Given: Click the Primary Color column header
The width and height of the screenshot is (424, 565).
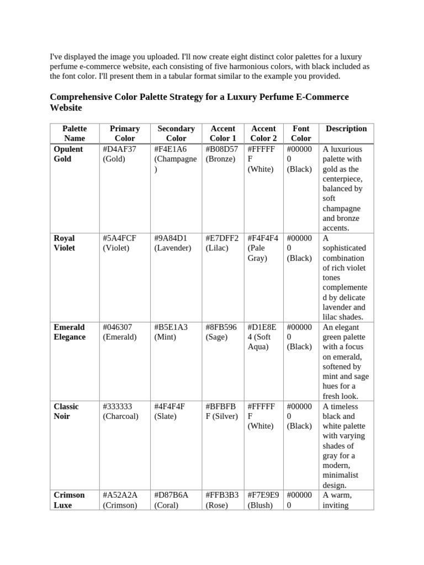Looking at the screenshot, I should point(124,134).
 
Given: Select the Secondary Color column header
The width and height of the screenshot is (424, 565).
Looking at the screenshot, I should point(176,134).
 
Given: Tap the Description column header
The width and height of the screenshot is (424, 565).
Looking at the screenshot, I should point(346,129).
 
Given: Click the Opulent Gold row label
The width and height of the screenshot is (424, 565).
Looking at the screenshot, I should point(68,154).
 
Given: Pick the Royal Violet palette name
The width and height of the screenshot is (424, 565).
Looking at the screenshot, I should point(65,243).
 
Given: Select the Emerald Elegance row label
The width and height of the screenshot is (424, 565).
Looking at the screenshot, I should point(70,332).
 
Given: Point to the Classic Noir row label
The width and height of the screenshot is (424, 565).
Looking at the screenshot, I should point(66,411).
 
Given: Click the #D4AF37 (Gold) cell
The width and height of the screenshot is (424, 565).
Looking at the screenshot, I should point(119,154).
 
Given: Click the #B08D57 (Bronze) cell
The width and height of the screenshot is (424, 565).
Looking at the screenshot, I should point(222,154).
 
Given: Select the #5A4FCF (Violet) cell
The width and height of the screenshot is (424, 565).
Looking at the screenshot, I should point(119,243).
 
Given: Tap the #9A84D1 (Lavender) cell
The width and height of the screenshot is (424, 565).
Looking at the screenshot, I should point(172,243).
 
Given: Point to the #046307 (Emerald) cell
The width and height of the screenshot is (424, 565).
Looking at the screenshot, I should point(119,332).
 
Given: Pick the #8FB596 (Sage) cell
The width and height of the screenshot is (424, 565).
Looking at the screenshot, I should point(222,332).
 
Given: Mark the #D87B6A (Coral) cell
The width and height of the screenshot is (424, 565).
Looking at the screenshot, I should point(171,500).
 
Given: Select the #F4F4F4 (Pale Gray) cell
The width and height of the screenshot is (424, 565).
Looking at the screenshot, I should point(263,248).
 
